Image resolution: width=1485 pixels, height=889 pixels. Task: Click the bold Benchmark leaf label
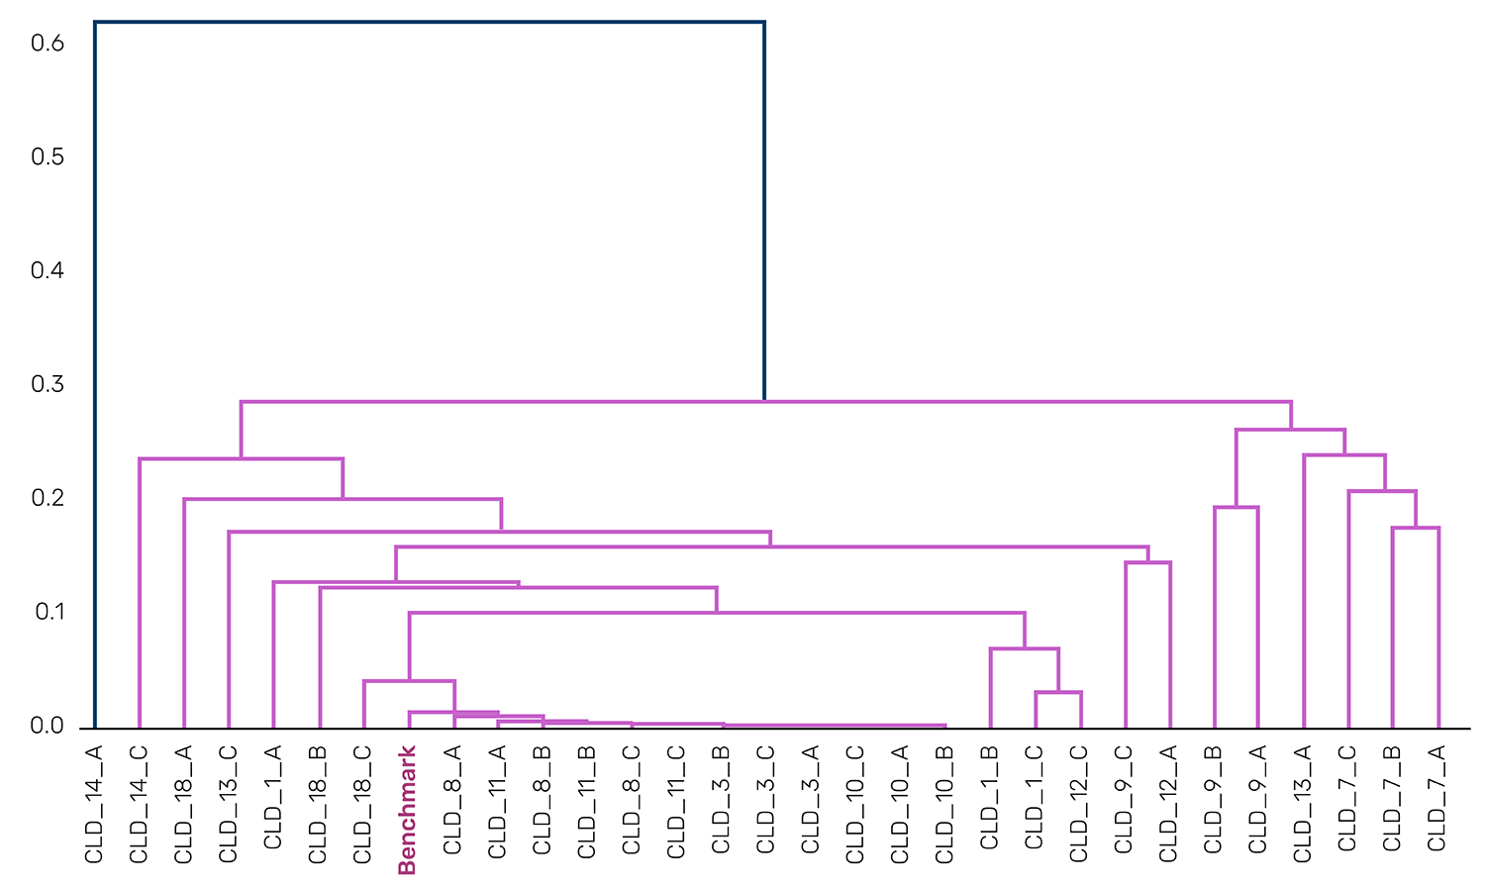pos(406,811)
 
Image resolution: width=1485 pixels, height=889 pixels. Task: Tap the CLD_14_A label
pos(94,804)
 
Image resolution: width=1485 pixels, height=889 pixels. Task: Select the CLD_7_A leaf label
pos(1436,799)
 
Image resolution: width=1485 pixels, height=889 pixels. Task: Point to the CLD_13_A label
pos(1303,804)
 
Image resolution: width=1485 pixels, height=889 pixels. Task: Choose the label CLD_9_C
pos(1124,802)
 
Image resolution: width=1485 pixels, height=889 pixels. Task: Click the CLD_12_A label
pos(1168,804)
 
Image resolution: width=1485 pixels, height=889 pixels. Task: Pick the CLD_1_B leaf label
pos(989,799)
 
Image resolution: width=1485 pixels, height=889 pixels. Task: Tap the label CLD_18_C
pos(362,804)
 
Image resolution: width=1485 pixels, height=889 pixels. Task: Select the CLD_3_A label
pos(810,799)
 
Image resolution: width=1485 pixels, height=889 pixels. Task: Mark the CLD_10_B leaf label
pos(944,804)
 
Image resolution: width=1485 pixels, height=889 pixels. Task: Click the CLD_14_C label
pos(139,804)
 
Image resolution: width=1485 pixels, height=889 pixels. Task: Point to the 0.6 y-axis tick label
pos(48,44)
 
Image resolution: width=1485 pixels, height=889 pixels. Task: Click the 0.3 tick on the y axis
pos(48,384)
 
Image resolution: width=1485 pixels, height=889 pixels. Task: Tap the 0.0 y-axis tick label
pos(48,726)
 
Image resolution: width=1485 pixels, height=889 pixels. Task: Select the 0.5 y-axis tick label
pos(48,157)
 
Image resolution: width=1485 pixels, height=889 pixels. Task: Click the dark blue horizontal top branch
pos(429,22)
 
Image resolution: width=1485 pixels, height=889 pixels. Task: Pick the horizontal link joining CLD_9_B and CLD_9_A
pos(1236,507)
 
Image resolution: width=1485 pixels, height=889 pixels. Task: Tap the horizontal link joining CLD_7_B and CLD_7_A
pos(1416,528)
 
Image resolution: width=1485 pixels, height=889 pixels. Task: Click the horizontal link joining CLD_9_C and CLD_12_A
pos(1147,562)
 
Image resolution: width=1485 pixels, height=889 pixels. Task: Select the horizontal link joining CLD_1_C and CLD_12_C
pos(1058,692)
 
